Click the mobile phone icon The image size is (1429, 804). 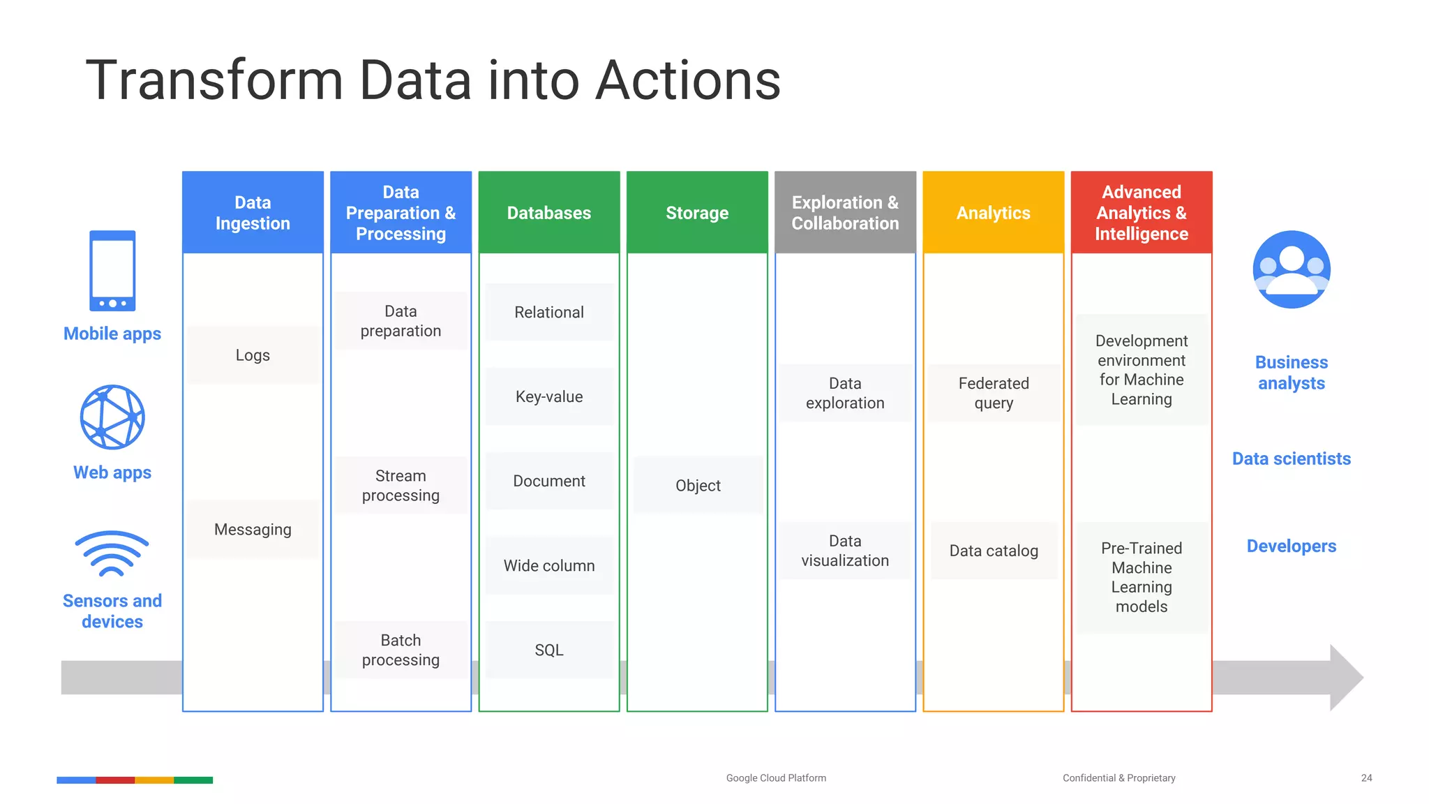[112, 271]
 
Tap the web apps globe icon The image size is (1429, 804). [112, 417]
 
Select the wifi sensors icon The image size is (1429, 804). [112, 554]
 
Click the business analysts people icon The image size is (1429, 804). [1292, 269]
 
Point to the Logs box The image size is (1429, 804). [253, 355]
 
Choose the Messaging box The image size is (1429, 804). [253, 530]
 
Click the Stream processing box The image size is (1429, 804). [401, 486]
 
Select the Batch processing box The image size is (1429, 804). [401, 650]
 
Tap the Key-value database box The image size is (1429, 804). [549, 397]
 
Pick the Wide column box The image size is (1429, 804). [549, 566]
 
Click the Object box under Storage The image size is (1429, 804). [698, 486]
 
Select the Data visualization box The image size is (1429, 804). [845, 551]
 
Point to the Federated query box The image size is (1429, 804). [994, 394]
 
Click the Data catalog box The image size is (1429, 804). [994, 551]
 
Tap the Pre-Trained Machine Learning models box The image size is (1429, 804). [1142, 578]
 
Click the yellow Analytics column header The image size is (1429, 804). [994, 213]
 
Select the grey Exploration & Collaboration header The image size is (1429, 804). [845, 213]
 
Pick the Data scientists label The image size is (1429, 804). [1292, 459]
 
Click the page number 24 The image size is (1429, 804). [1366, 778]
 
